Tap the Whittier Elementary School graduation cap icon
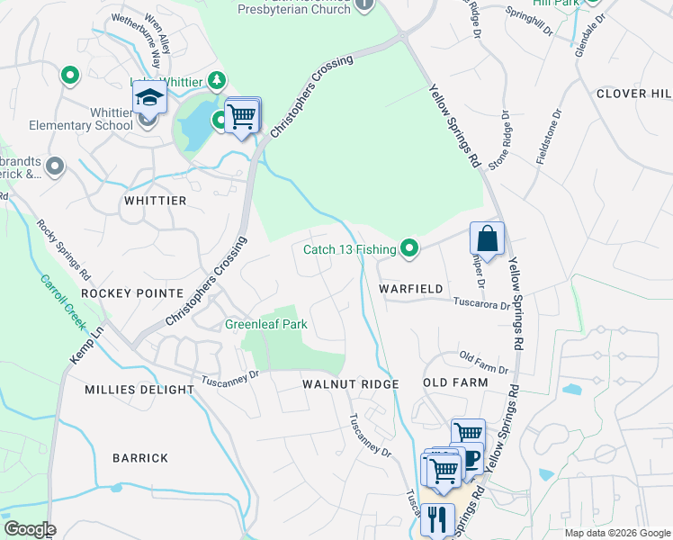click(x=150, y=97)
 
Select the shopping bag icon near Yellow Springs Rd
click(x=487, y=238)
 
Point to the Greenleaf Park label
click(x=265, y=323)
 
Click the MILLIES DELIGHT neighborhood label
click(x=139, y=390)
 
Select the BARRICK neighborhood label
click(x=140, y=458)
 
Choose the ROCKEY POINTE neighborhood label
click(x=132, y=293)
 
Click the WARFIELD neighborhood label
click(x=411, y=289)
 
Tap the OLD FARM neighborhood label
click(x=455, y=382)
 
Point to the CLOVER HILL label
click(x=633, y=94)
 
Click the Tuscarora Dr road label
click(x=481, y=304)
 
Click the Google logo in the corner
click(x=29, y=529)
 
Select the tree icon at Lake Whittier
click(x=216, y=81)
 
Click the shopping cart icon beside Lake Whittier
click(x=241, y=115)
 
